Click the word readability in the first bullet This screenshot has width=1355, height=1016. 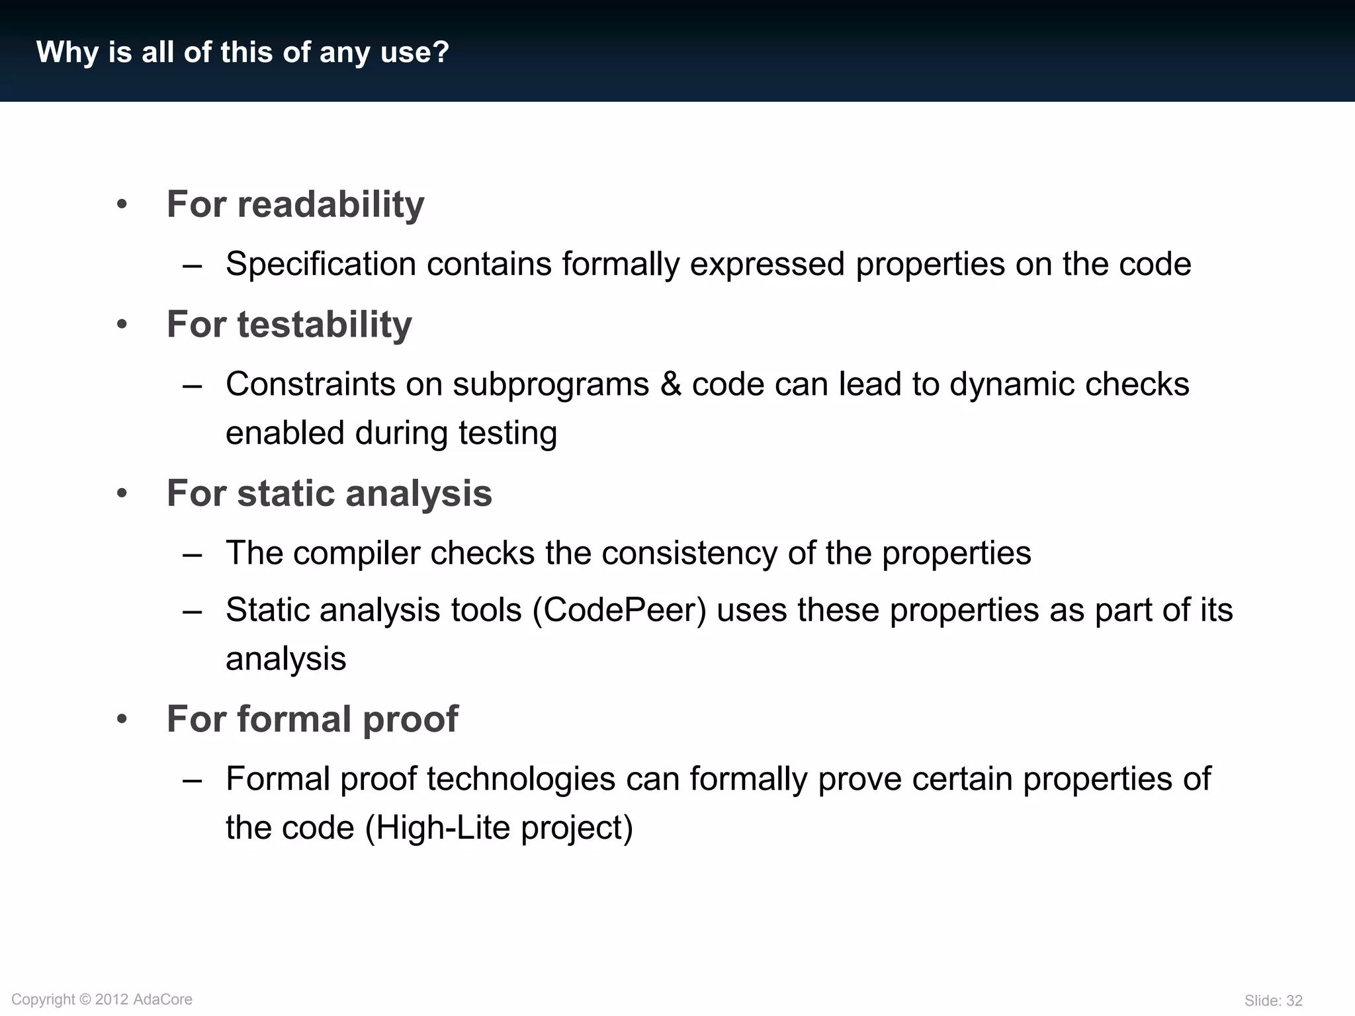330,204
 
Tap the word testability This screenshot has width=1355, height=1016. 324,325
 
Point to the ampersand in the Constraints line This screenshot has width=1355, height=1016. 670,384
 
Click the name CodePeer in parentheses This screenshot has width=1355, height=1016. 619,610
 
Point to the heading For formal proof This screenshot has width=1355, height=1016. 312,719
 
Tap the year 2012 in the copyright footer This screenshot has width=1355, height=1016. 111,999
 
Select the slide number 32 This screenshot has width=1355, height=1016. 1293,1001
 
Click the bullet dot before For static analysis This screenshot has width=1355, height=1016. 122,493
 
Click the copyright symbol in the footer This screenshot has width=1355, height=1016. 85,999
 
